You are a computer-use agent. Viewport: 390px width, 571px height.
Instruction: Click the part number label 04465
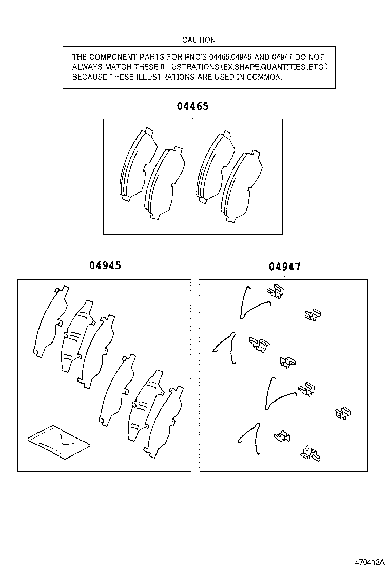[192, 107]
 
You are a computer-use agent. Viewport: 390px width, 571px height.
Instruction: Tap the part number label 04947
[284, 267]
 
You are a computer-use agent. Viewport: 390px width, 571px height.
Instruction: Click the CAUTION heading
[199, 40]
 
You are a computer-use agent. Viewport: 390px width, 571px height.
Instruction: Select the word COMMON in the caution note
[265, 77]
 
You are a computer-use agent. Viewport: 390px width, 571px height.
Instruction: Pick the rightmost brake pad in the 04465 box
[241, 186]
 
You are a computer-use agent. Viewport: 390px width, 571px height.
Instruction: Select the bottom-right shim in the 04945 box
[164, 421]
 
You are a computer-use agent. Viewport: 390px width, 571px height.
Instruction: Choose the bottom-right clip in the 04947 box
[310, 453]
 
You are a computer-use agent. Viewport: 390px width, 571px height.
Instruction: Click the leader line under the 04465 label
[192, 116]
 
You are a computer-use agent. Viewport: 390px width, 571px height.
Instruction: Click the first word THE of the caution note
[80, 57]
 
